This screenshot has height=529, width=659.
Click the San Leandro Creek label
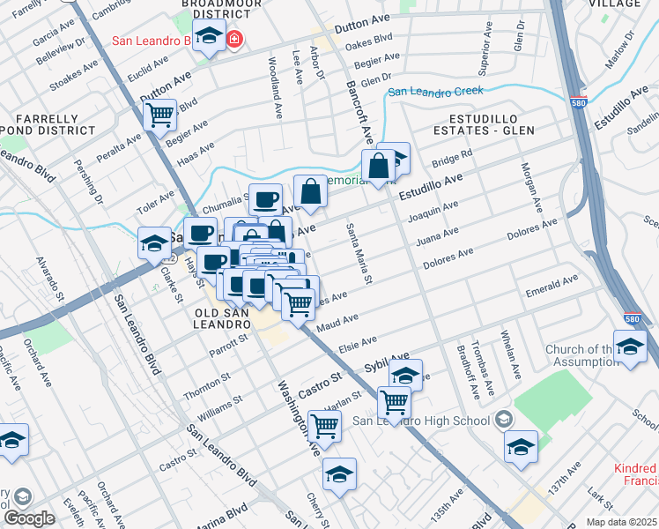click(437, 92)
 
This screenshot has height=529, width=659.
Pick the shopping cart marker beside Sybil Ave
click(394, 402)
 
